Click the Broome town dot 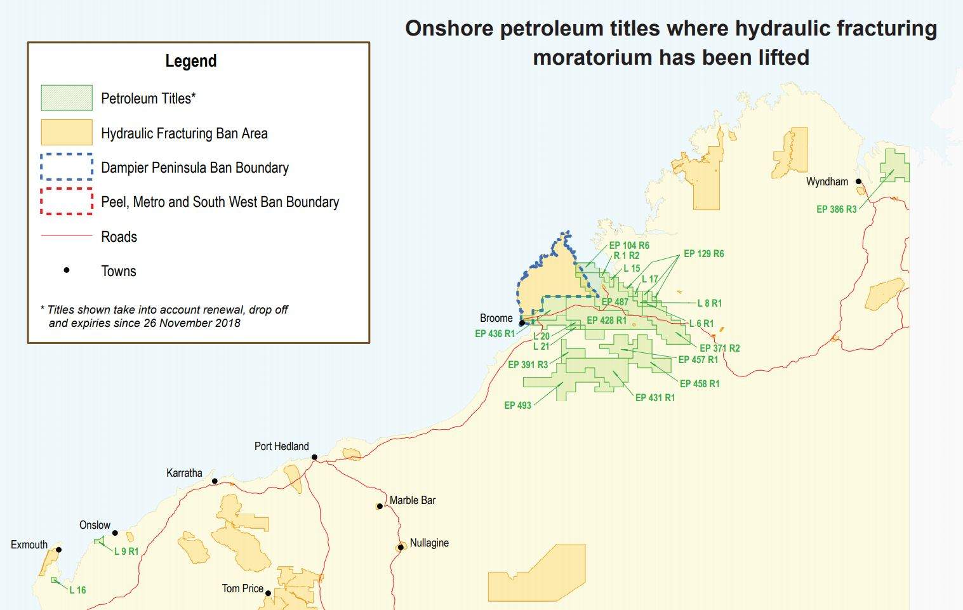coord(522,323)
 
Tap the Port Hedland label coord(281,446)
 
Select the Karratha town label coord(184,473)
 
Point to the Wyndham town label coord(827,182)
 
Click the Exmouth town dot coord(58,550)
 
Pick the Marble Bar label coord(413,500)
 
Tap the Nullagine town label coord(429,543)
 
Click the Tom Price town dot coord(268,593)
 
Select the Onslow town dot coord(115,533)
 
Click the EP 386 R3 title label coord(836,209)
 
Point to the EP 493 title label coord(517,405)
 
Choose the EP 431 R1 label coord(654,397)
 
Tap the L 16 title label coord(77,590)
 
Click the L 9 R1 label coord(126,551)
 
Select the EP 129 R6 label coord(703,253)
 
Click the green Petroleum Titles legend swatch coord(67,98)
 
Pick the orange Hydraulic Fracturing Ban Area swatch coord(67,133)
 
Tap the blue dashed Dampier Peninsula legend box coord(67,167)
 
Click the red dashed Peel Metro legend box coord(67,202)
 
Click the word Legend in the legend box coord(191,61)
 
